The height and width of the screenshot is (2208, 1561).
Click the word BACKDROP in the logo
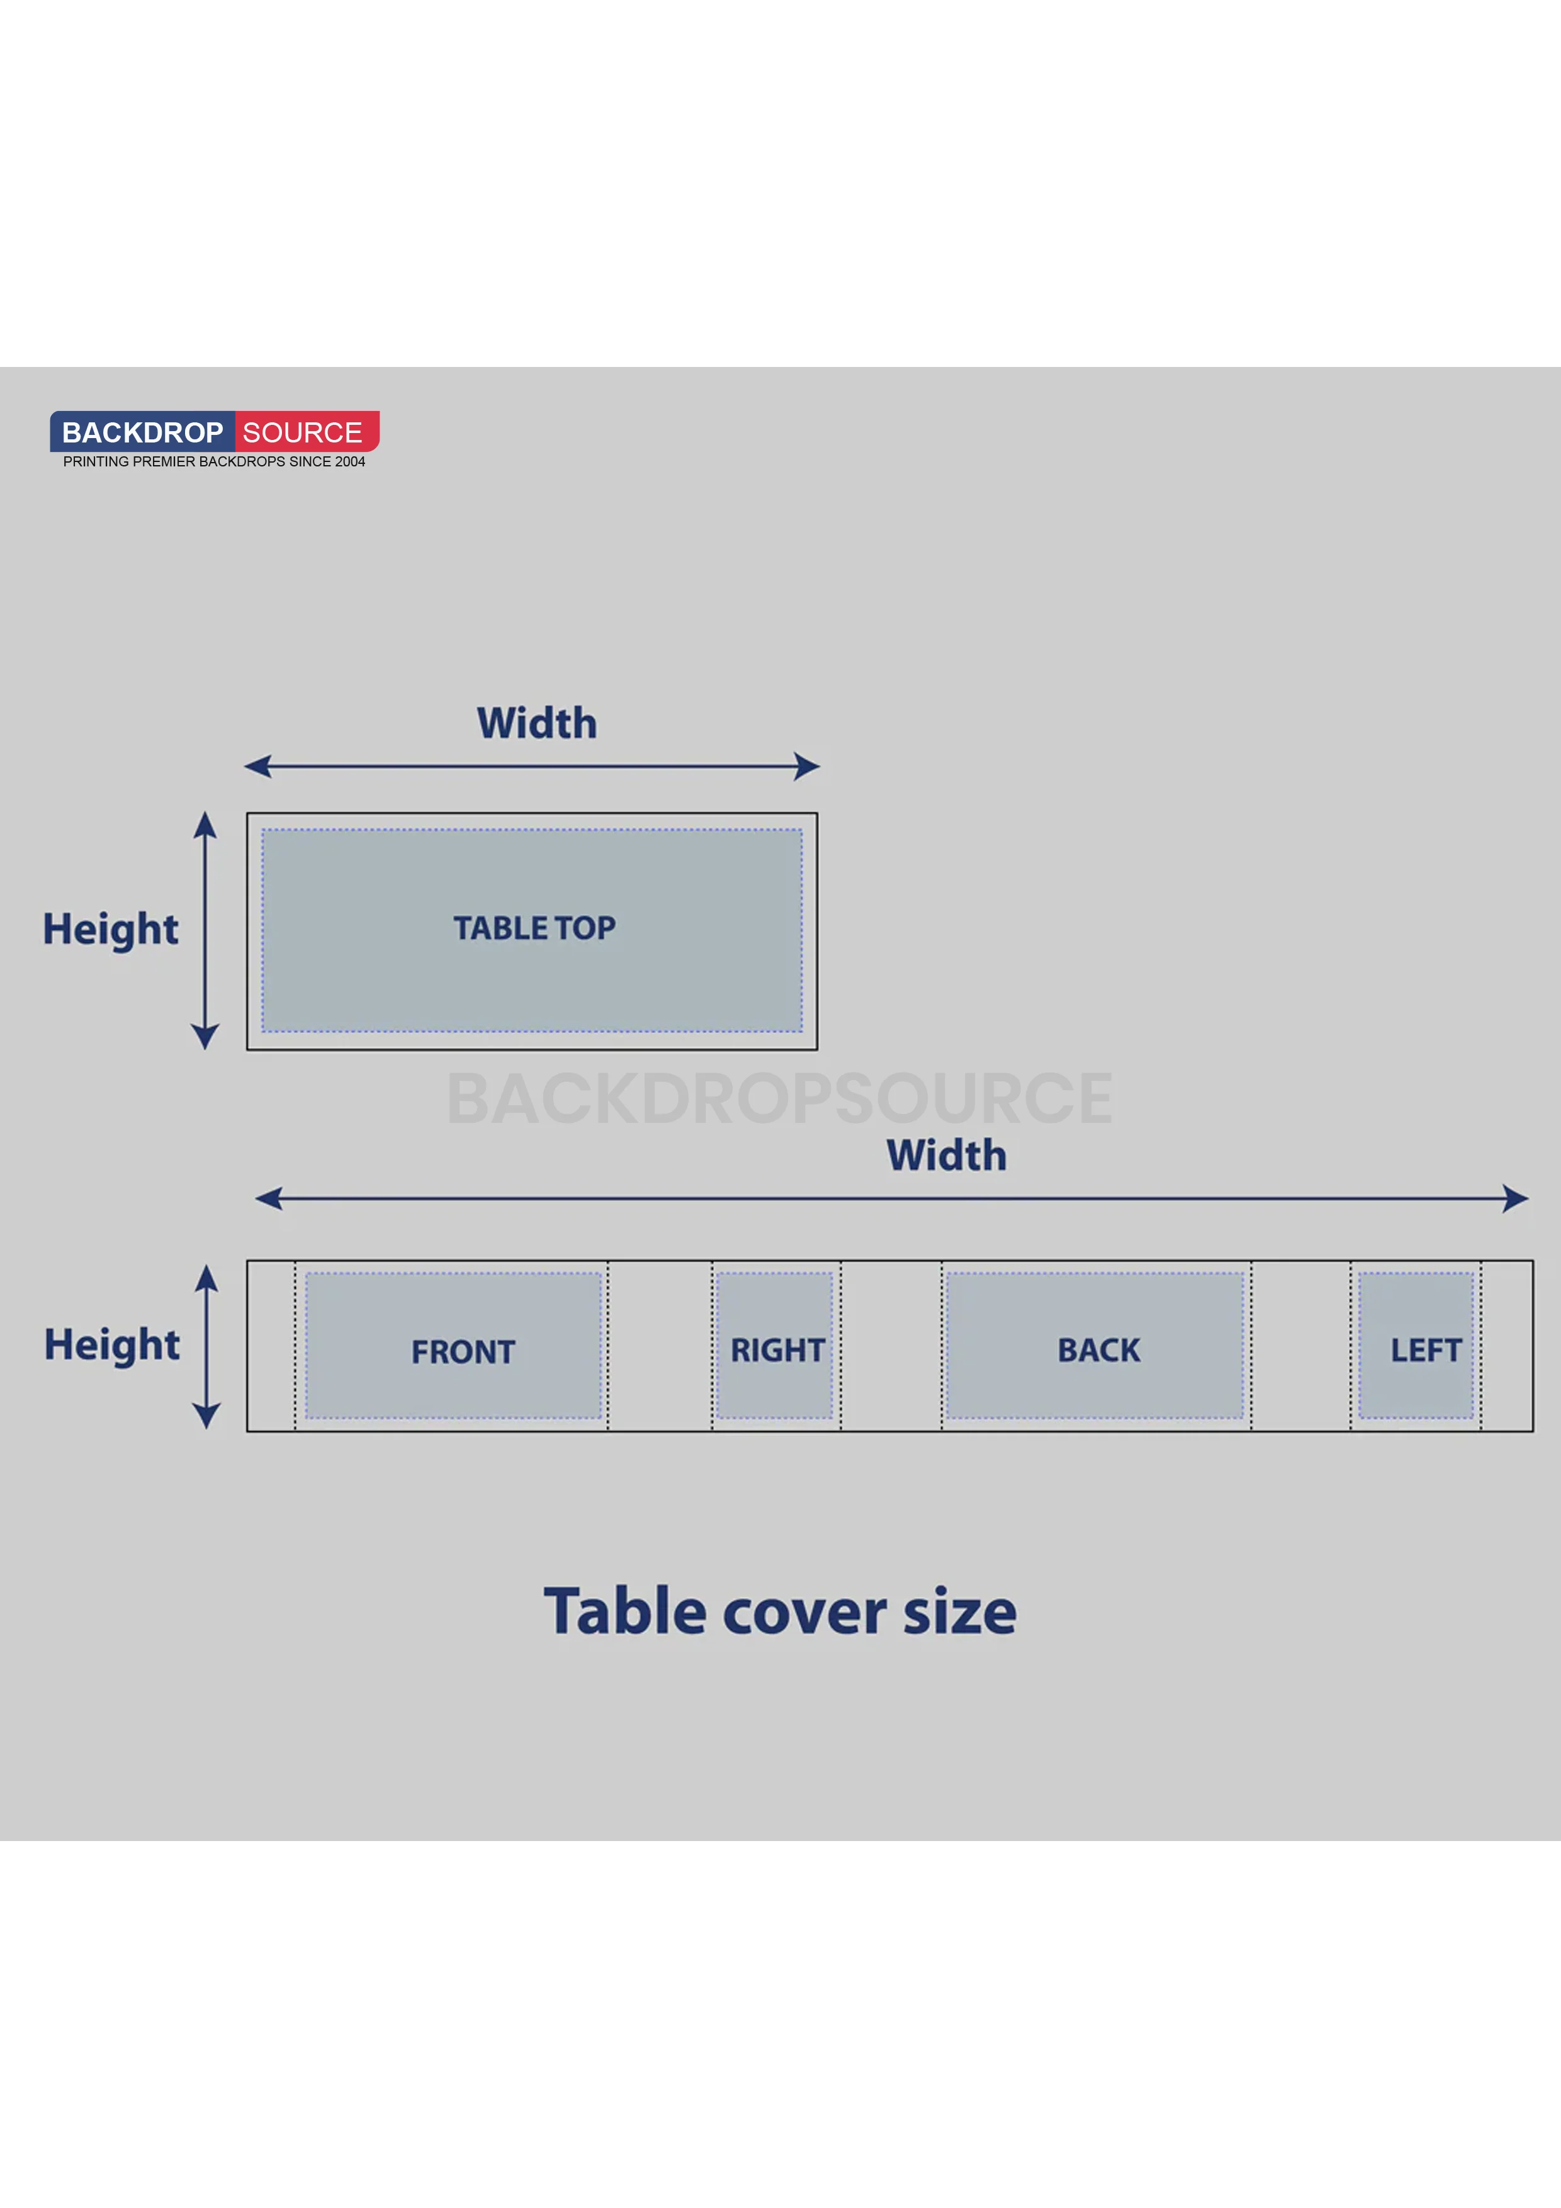point(142,433)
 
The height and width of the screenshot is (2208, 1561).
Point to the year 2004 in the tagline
point(350,461)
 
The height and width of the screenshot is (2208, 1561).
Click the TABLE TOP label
point(535,928)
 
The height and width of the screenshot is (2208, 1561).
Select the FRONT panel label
point(464,1352)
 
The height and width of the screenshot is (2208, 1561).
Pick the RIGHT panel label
point(777,1350)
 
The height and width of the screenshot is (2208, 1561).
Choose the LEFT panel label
point(1426,1350)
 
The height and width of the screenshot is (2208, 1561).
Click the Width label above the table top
point(537,723)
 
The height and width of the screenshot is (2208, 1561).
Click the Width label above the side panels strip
point(947,1155)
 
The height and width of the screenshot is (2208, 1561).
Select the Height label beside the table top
point(111,930)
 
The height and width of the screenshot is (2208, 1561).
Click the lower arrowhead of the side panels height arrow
point(207,1416)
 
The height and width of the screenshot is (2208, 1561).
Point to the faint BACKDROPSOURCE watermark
point(780,1098)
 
